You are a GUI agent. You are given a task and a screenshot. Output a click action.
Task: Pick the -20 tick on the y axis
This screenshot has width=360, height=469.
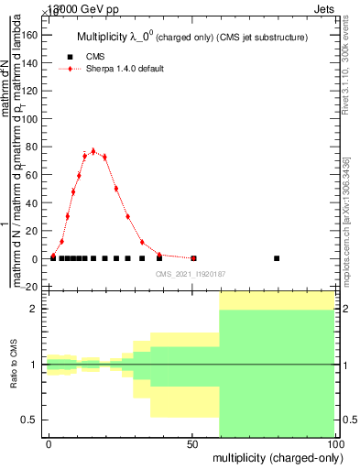click(x=30, y=287)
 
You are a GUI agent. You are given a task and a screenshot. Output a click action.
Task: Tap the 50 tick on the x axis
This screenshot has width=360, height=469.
click(x=191, y=443)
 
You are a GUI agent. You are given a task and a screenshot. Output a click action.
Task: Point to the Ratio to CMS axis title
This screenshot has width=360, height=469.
click(x=16, y=364)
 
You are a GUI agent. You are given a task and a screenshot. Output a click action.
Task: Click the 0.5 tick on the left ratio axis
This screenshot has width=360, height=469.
click(x=29, y=420)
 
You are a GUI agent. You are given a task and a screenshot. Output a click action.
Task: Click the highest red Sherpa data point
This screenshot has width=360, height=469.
click(x=93, y=151)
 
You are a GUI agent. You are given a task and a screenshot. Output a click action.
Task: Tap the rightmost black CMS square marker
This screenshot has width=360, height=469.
click(x=277, y=258)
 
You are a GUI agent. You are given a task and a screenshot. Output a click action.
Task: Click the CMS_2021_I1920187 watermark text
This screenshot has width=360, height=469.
click(x=190, y=275)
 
